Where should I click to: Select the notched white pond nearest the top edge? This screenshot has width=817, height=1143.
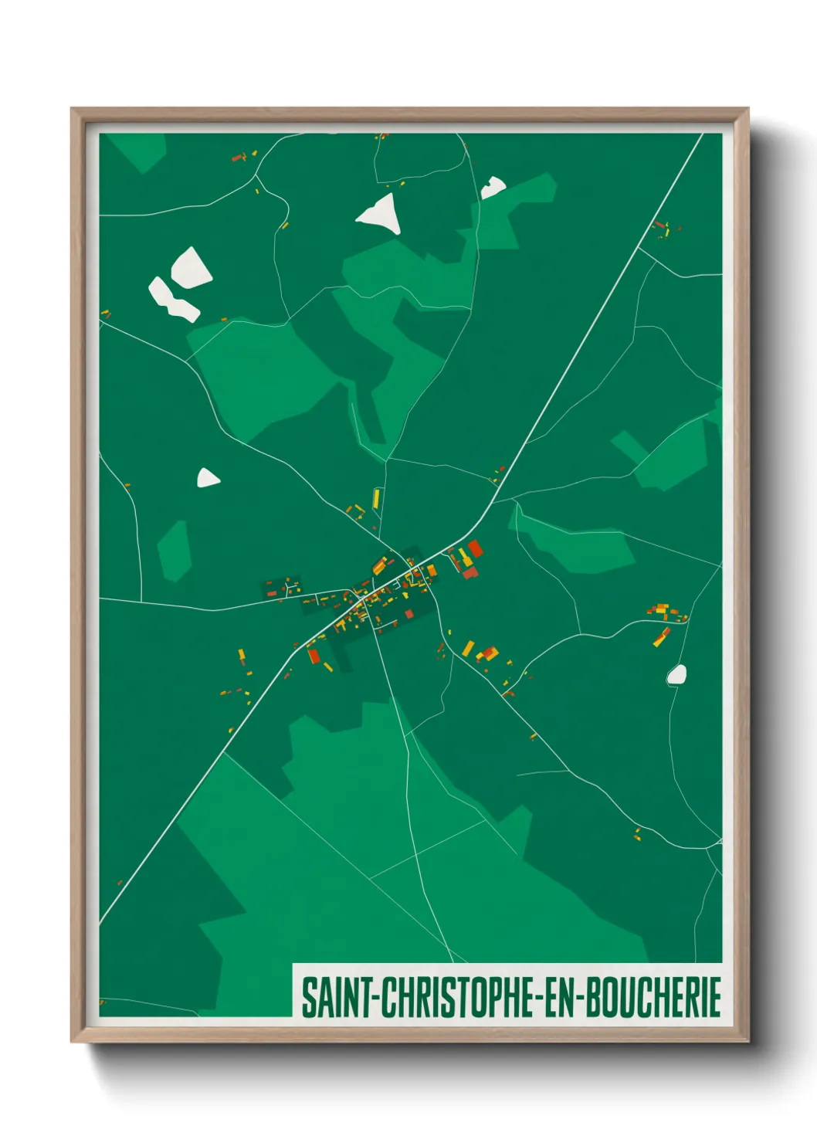[492, 187]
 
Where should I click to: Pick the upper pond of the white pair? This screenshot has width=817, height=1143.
[190, 267]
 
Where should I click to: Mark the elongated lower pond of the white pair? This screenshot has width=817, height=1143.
[172, 300]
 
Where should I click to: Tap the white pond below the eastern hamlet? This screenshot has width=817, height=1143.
[677, 674]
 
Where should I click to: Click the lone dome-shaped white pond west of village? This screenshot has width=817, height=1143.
[207, 479]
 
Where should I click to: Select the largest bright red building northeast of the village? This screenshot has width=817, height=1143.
[475, 548]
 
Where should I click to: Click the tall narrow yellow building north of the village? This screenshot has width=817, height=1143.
[376, 498]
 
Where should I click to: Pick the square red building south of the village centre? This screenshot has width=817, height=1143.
[409, 614]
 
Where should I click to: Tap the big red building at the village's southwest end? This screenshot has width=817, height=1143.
[314, 656]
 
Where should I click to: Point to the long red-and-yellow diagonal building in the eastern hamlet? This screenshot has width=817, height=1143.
[662, 636]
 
